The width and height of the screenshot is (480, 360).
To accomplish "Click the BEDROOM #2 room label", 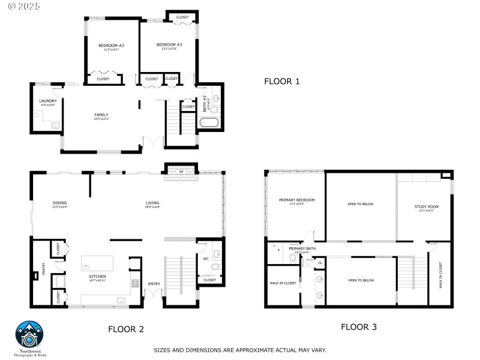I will tap(111, 45).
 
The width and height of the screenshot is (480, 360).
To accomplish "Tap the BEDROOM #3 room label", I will tap(169, 44).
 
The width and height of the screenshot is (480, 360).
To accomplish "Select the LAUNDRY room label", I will tap(47, 101).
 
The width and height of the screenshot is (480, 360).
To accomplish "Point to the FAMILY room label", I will tap(101, 114).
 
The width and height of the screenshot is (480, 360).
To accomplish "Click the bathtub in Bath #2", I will tap(209, 124).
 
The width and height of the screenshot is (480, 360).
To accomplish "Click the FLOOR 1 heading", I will tap(281, 81).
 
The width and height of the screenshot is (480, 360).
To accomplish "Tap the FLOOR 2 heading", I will tap(125, 329).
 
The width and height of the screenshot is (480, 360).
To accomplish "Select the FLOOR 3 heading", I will tap(358, 327).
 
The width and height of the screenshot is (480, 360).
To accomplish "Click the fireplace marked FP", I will tap(181, 172).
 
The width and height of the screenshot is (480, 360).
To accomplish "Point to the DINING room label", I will tap(59, 203).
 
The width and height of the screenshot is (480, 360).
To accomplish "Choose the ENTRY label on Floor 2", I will tap(154, 284).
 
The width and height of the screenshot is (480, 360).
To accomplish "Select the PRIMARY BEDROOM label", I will tap(296, 200).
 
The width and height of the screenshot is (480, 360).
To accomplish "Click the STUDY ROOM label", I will tap(426, 207).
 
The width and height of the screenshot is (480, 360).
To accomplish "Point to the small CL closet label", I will tap(319, 263).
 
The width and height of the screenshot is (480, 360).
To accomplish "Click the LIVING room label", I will tap(152, 203).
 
